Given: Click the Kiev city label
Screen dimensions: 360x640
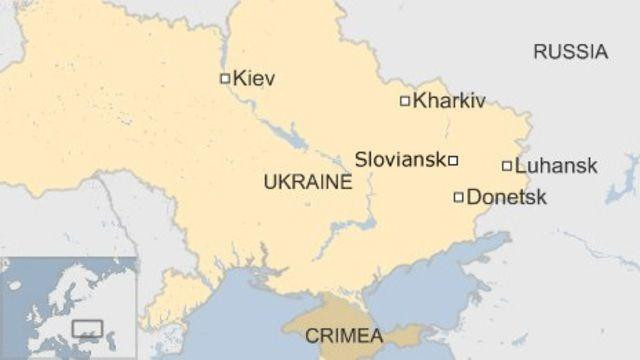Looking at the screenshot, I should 254,78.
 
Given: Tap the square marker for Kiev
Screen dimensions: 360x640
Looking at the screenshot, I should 225,78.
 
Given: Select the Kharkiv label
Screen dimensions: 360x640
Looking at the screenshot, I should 449,100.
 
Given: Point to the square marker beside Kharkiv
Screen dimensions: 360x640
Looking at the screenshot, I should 405,100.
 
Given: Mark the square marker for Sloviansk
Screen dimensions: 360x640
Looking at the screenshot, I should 453,160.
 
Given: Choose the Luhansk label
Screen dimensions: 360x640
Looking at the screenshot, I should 557,166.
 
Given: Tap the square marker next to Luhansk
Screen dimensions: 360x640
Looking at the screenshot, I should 507,166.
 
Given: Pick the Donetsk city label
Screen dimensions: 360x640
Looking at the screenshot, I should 507,197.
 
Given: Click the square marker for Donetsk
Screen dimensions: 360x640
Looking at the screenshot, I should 459,197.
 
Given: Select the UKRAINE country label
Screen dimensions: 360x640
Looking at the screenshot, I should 308,182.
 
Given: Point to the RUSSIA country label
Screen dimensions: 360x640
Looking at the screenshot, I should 570,52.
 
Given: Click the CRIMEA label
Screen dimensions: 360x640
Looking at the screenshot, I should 343,334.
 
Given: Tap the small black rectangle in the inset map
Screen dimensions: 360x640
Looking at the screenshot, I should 88,327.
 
